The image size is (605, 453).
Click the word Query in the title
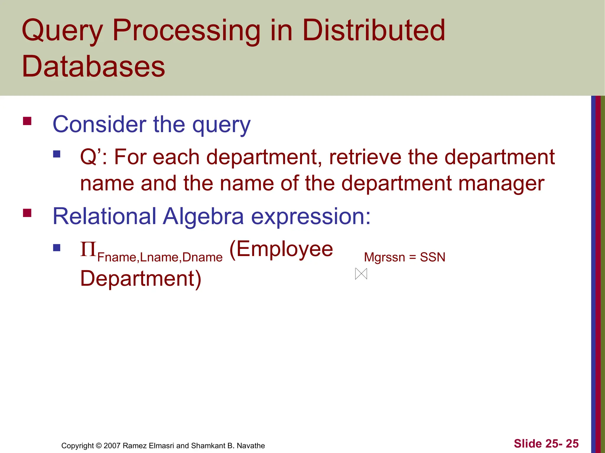62,31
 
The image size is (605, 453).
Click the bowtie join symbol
361,274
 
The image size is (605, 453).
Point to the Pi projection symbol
88,249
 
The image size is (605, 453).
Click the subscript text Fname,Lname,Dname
160,257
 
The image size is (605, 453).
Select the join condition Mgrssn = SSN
404,257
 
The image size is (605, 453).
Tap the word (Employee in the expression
281,249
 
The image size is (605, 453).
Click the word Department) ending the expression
141,278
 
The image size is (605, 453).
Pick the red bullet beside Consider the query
27,121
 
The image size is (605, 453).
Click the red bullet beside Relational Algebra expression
27,213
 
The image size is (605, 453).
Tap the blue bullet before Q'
57,154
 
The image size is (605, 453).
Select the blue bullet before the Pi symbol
57,247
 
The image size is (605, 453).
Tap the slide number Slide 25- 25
546,444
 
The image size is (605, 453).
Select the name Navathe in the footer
251,446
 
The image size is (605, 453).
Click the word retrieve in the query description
365,157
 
